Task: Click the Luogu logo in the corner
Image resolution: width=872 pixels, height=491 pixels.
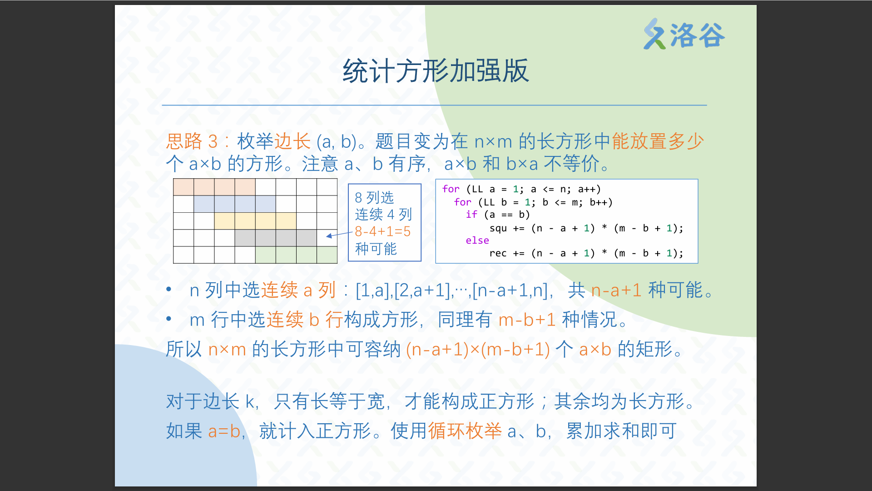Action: pyautogui.click(x=684, y=34)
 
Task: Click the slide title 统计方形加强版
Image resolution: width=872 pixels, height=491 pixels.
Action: pyautogui.click(x=436, y=71)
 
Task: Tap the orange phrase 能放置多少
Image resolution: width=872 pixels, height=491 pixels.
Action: pyautogui.click(x=658, y=141)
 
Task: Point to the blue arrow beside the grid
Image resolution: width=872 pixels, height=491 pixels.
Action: pyautogui.click(x=339, y=234)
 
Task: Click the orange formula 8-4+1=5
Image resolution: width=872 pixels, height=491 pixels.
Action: pyautogui.click(x=382, y=231)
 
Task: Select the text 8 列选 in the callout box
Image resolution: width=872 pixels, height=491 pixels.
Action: pyautogui.click(x=374, y=198)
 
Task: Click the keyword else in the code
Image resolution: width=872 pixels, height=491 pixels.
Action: pyautogui.click(x=477, y=240)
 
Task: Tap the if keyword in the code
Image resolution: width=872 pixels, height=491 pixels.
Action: pyautogui.click(x=471, y=215)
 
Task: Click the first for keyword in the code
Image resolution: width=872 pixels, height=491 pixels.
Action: pyautogui.click(x=451, y=189)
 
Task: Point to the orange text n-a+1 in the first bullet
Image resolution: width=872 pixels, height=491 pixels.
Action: pyautogui.click(x=616, y=290)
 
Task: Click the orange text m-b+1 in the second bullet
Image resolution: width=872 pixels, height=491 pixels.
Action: pyautogui.click(x=527, y=320)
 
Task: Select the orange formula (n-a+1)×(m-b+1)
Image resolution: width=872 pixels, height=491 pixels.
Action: pyautogui.click(x=478, y=350)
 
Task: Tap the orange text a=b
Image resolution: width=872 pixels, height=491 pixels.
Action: pyautogui.click(x=224, y=431)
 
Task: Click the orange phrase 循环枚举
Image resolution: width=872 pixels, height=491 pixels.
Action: pyautogui.click(x=465, y=431)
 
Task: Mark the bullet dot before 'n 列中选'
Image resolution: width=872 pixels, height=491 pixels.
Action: pyautogui.click(x=169, y=289)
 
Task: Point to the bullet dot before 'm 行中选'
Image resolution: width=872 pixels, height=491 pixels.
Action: pyautogui.click(x=169, y=319)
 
